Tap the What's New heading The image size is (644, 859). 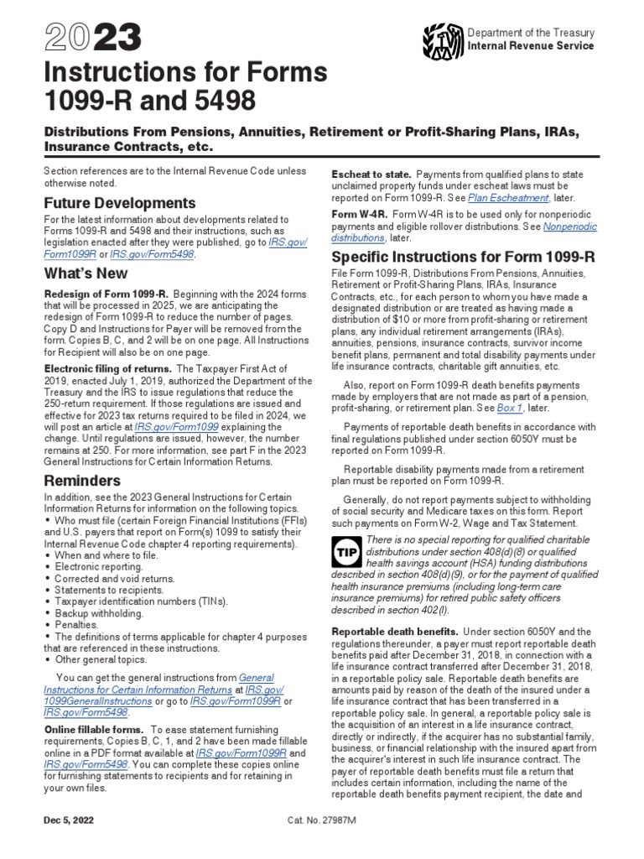(x=86, y=273)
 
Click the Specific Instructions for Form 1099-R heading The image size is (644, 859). (x=463, y=255)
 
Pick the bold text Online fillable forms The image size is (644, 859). (x=93, y=730)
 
